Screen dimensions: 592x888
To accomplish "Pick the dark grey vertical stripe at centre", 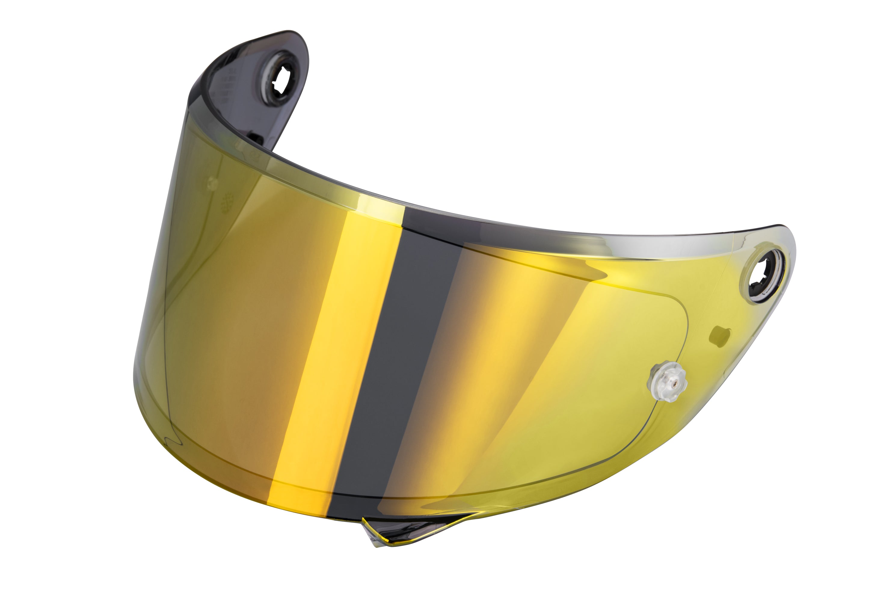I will pyautogui.click(x=396, y=359).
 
